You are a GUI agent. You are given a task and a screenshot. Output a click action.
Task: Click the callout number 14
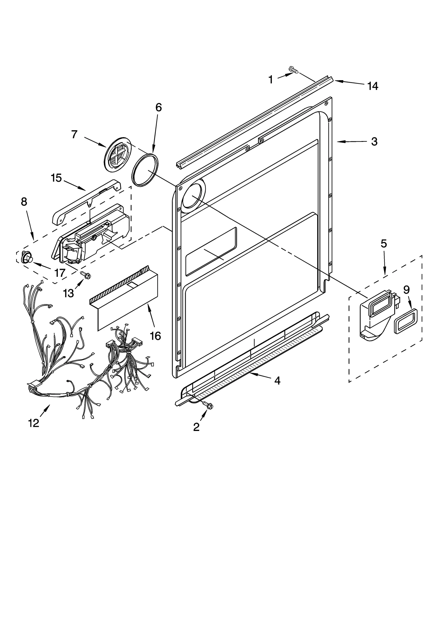[373, 86]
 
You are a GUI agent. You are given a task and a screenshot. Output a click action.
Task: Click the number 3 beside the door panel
[374, 142]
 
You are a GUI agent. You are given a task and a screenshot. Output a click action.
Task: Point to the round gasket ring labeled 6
[145, 169]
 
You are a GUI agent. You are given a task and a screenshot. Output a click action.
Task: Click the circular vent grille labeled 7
[118, 154]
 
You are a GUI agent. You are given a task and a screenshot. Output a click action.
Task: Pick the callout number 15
[56, 178]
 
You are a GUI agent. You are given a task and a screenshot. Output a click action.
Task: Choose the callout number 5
[384, 244]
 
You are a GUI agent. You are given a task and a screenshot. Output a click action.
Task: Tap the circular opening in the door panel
[193, 197]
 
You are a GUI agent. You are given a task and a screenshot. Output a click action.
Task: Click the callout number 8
[24, 202]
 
